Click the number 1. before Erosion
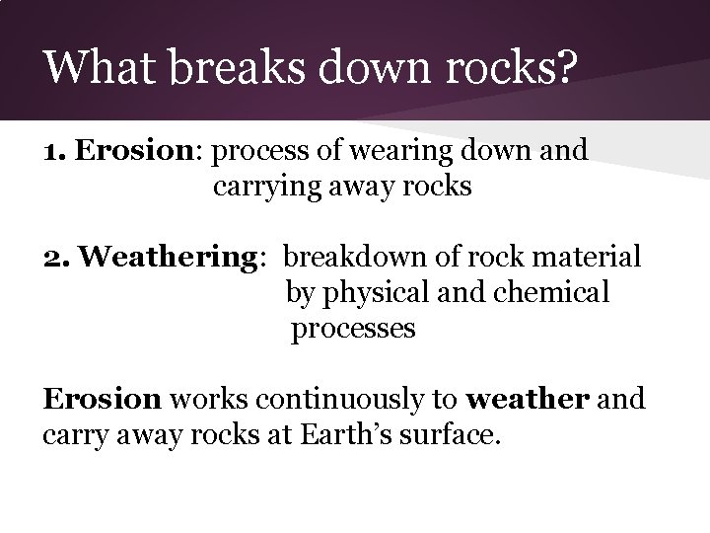55,151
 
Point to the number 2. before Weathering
57,258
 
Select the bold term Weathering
169,259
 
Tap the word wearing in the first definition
398,151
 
